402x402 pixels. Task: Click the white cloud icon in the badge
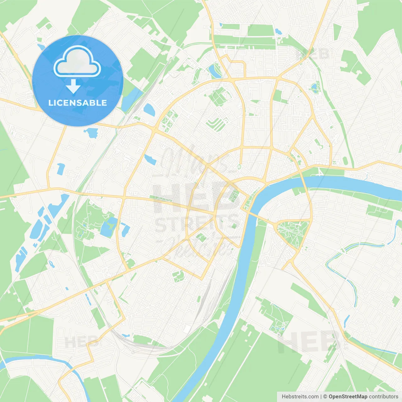[77, 62]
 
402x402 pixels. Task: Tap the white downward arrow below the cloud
[73, 86]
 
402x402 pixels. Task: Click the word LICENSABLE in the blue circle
[77, 103]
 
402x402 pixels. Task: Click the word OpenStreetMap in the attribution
[348, 396]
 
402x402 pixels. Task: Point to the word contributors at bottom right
[383, 396]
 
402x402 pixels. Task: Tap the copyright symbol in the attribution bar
[325, 396]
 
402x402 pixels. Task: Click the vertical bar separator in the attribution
[321, 396]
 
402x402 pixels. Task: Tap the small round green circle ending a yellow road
[239, 166]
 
